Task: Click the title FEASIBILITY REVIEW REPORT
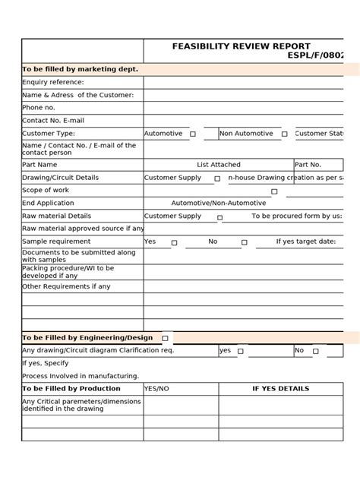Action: [x=241, y=46]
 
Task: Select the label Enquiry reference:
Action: [x=53, y=82]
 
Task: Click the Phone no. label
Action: [x=39, y=108]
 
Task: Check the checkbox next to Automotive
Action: [x=193, y=134]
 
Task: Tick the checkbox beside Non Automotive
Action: [x=284, y=134]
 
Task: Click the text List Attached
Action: [x=219, y=164]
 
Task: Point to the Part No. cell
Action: [x=308, y=164]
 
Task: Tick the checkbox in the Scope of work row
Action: [x=274, y=191]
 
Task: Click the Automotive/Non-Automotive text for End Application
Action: [x=219, y=204]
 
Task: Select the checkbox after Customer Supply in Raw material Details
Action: [x=219, y=217]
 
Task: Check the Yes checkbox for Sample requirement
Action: [x=174, y=243]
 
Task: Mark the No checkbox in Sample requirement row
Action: [x=244, y=243]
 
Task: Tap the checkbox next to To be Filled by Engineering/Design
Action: [x=165, y=338]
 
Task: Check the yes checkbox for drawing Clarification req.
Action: [x=240, y=352]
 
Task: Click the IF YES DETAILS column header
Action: [x=280, y=388]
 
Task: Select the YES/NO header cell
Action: [x=156, y=388]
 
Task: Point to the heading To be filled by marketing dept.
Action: [x=80, y=69]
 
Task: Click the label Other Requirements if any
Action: [x=66, y=286]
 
